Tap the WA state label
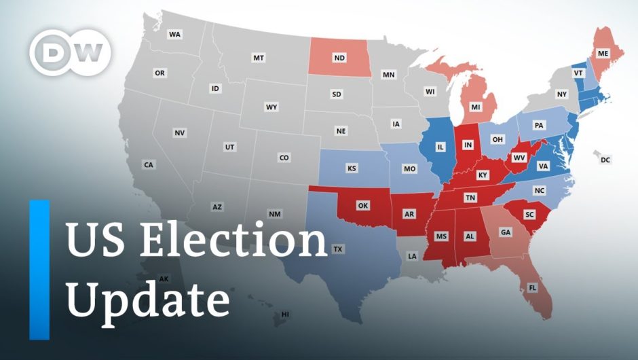[x=175, y=34]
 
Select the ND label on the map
[x=339, y=58]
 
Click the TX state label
[x=338, y=249]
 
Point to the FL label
[x=533, y=288]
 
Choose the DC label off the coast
[x=605, y=160]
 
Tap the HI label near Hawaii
[x=285, y=314]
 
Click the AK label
[x=164, y=278]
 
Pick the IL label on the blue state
[x=440, y=147]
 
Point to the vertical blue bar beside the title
[x=39, y=270]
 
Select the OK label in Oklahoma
[x=362, y=205]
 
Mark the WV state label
[x=520, y=158]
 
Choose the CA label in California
[x=148, y=165]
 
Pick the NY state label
[x=561, y=94]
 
